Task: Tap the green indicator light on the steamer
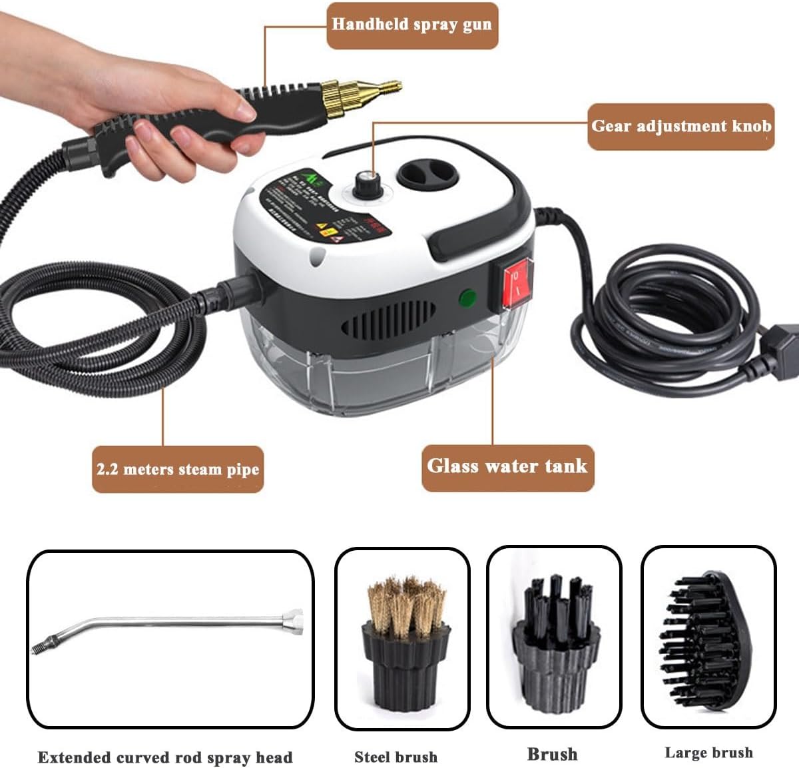point(468,298)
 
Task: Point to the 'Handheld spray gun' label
point(411,25)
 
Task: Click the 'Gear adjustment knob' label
point(680,126)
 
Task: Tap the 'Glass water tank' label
point(507,466)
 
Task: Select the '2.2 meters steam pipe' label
point(177,469)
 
